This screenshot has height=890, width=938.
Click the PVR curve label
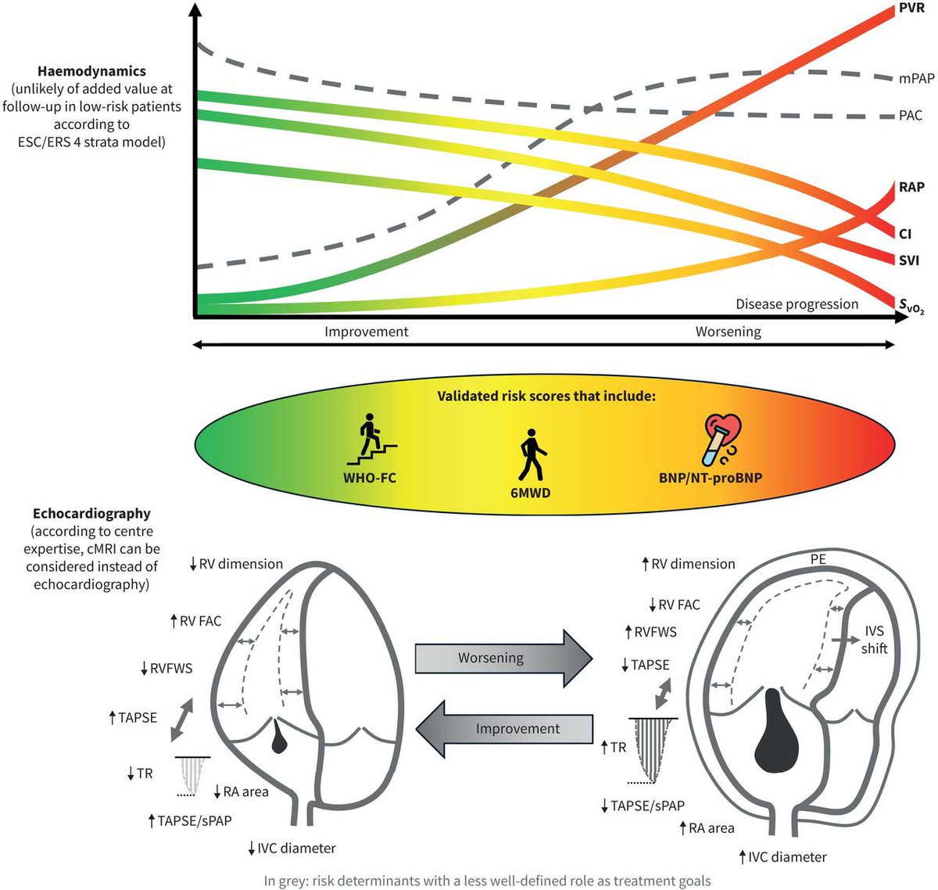(x=911, y=9)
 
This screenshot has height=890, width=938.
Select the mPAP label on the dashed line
(x=916, y=78)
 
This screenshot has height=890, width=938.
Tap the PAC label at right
(x=911, y=116)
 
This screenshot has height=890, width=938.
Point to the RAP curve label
(x=911, y=187)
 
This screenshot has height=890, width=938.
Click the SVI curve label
(x=909, y=260)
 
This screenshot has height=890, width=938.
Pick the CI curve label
(x=905, y=234)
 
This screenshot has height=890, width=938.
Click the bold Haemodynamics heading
(x=91, y=71)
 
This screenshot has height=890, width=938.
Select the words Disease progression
(x=797, y=304)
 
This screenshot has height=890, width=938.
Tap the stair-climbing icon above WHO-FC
(x=370, y=443)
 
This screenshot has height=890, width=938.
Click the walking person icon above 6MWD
(x=531, y=454)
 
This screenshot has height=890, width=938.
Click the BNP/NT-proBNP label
(x=709, y=477)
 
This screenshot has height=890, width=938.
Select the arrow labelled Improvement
(x=504, y=728)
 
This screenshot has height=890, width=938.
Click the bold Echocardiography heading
(x=91, y=514)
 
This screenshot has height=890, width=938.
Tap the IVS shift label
(x=874, y=640)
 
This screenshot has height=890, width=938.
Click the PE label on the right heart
(x=818, y=559)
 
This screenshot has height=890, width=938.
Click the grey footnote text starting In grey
(x=487, y=881)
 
